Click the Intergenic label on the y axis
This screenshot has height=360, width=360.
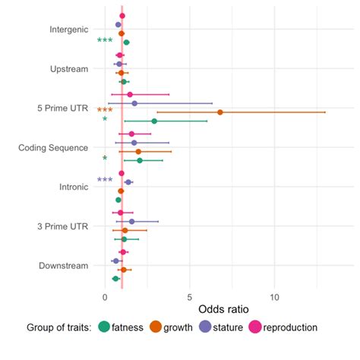pyautogui.click(x=68, y=30)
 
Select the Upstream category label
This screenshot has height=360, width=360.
pyautogui.click(x=69, y=69)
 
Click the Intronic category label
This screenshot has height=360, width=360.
pyautogui.click(x=74, y=186)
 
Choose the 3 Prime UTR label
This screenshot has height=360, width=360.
pyautogui.click(x=63, y=226)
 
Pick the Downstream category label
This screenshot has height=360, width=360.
pyautogui.click(x=64, y=265)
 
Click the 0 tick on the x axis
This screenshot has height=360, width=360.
pyautogui.click(x=105, y=297)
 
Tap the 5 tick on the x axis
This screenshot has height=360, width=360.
pyautogui.click(x=190, y=297)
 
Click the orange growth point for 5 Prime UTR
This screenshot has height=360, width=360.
pyautogui.click(x=220, y=112)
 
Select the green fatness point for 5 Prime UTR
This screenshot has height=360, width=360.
pyautogui.click(x=154, y=121)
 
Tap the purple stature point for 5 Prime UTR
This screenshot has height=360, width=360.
pyautogui.click(x=134, y=103)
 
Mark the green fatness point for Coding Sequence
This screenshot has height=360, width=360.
pyautogui.click(x=139, y=160)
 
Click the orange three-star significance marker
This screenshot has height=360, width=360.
pyautogui.click(x=105, y=111)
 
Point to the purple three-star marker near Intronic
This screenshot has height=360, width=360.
pyautogui.click(x=105, y=181)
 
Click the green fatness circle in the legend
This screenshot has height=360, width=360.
pyautogui.click(x=104, y=327)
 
